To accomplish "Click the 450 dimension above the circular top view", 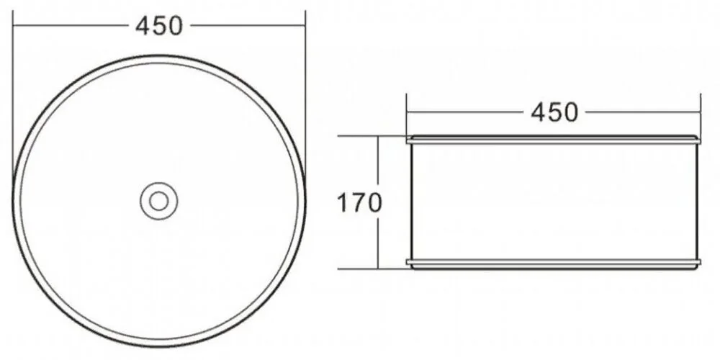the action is click(x=159, y=26).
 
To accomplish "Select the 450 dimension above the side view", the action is click(x=554, y=112).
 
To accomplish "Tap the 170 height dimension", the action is click(x=359, y=203).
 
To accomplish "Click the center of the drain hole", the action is click(x=159, y=201).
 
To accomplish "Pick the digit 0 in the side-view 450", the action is click(x=570, y=112).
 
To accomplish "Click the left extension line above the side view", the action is click(x=406, y=115).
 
